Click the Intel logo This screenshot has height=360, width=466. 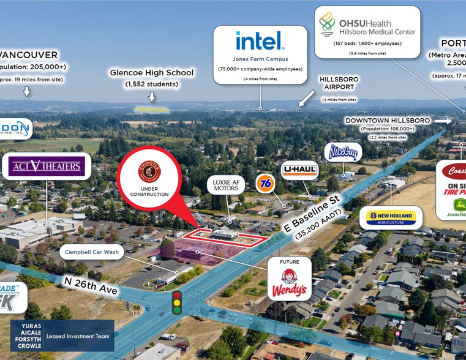coord(260,42)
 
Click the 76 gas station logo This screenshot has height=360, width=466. coord(265,181)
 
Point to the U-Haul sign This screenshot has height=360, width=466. coord(299,170)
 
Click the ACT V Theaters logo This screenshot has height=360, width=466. coord(46,165)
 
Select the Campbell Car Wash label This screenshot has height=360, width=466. coord(92,252)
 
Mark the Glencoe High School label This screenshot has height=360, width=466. coord(151,73)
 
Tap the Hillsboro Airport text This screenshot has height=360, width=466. coord(339,83)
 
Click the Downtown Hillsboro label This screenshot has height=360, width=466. coord(387,120)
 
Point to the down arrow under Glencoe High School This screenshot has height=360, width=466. coord(151,97)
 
